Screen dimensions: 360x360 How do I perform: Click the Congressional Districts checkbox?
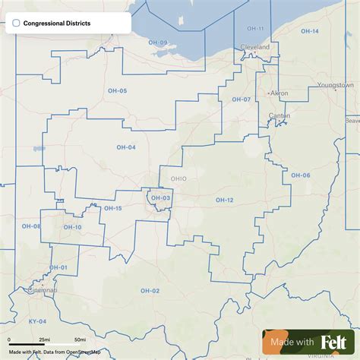[16, 24]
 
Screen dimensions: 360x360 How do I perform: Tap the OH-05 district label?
[118, 91]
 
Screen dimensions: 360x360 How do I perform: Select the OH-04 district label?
[126, 147]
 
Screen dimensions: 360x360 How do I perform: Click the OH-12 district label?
[224, 200]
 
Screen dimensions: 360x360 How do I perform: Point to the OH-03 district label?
[160, 198]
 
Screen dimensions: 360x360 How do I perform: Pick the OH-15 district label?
[112, 208]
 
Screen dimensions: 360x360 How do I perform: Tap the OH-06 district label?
[301, 175]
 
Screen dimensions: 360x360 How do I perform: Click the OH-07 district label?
[241, 99]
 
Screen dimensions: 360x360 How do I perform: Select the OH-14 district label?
[310, 31]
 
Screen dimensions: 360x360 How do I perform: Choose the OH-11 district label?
[255, 29]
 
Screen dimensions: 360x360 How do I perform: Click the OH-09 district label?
[158, 43]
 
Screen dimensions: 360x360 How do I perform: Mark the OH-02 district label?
[150, 291]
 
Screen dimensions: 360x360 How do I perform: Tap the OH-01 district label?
[58, 267]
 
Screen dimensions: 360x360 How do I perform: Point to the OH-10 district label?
[72, 227]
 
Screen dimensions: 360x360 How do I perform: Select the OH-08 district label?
[31, 226]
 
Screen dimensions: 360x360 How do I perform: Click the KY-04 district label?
[37, 321]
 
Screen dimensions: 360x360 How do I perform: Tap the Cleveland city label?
[254, 46]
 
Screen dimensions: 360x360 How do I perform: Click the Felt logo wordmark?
[335, 343]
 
